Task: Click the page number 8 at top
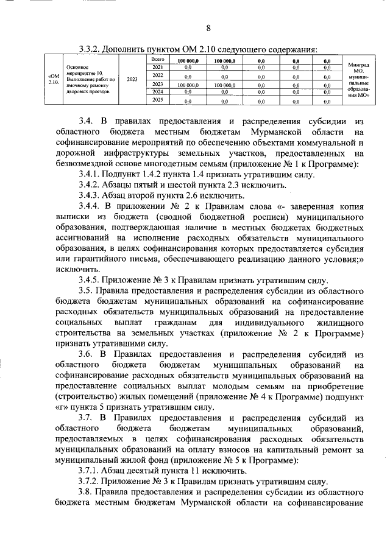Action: click(208, 28)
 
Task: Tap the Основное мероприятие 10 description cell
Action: click(89, 79)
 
